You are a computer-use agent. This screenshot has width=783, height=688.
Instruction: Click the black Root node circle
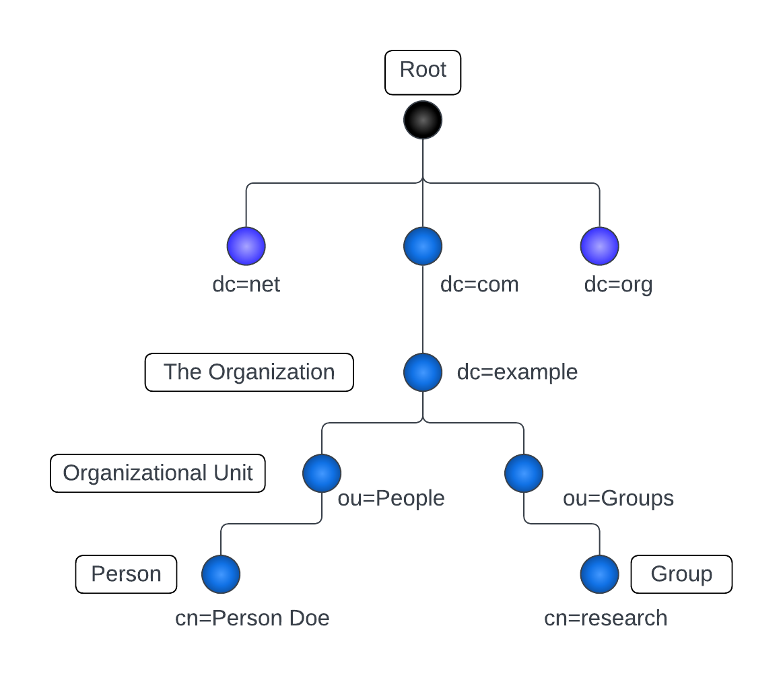pyautogui.click(x=423, y=120)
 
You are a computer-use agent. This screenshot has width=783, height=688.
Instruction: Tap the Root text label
pyautogui.click(x=423, y=69)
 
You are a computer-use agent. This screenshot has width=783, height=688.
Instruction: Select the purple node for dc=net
pyautogui.click(x=246, y=246)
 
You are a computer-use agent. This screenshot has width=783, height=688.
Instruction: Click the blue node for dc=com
pyautogui.click(x=423, y=246)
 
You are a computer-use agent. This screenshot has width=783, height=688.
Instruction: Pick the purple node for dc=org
pyautogui.click(x=599, y=246)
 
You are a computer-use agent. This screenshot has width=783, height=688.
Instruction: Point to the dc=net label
pyautogui.click(x=246, y=285)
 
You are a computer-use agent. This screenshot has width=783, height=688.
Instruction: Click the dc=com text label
pyautogui.click(x=479, y=285)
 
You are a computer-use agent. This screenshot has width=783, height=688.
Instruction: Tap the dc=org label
pyautogui.click(x=618, y=285)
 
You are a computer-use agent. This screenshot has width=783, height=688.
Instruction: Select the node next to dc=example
pyautogui.click(x=423, y=372)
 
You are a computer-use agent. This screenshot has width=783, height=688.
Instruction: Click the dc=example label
pyautogui.click(x=517, y=372)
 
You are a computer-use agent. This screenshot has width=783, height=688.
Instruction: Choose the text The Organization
pyautogui.click(x=249, y=372)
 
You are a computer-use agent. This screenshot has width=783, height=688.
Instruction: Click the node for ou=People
pyautogui.click(x=322, y=473)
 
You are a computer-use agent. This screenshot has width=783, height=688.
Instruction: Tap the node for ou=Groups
pyautogui.click(x=524, y=473)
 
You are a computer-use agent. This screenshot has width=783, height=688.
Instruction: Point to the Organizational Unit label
pyautogui.click(x=158, y=473)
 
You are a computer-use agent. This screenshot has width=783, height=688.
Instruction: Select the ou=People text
pyautogui.click(x=390, y=498)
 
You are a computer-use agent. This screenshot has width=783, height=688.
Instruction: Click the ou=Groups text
pyautogui.click(x=618, y=498)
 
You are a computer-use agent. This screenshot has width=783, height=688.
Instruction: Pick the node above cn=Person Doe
pyautogui.click(x=221, y=574)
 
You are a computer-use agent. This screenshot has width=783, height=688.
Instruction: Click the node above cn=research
pyautogui.click(x=599, y=574)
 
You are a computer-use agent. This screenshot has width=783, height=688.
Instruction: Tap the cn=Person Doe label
pyautogui.click(x=252, y=618)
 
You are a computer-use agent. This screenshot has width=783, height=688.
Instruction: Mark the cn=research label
pyautogui.click(x=605, y=618)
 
